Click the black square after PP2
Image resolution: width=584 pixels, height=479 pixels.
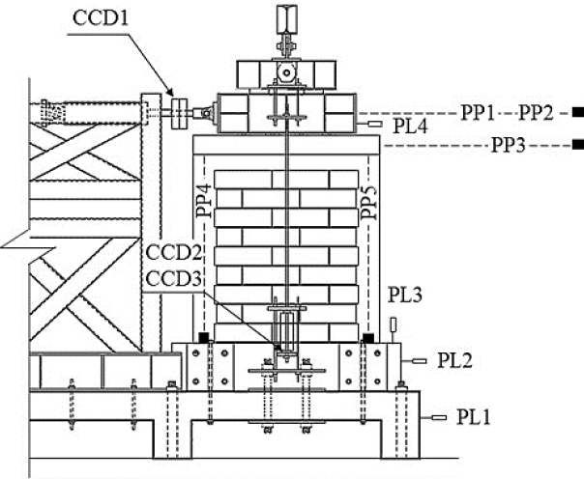click(x=576, y=112)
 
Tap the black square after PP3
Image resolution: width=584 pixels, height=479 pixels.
click(x=576, y=145)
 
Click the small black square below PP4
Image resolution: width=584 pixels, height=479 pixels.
click(x=204, y=337)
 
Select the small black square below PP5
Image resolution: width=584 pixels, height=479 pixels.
click(x=368, y=337)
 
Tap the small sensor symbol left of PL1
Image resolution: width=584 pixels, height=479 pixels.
click(x=439, y=418)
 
